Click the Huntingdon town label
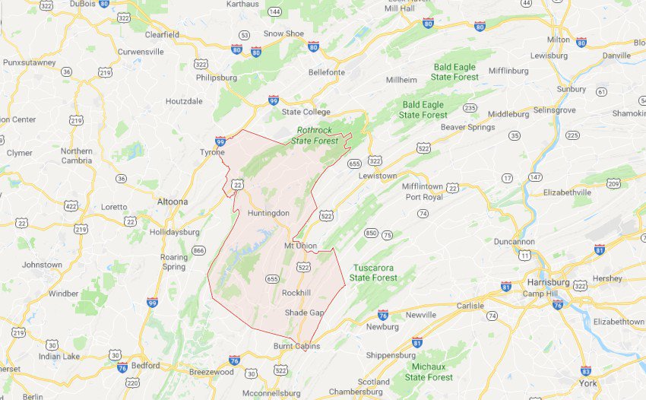pos(268,213)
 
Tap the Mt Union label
pos(299,246)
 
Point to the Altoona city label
pos(171,202)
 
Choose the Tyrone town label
pos(213,152)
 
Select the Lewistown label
pos(378,176)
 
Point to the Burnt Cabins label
pos(296,346)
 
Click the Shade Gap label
pos(304,313)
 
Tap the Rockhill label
pos(296,293)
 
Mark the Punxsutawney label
pos(29,62)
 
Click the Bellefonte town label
pos(327,72)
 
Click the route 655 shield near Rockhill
pos(272,280)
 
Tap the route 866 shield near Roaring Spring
pos(199,250)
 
